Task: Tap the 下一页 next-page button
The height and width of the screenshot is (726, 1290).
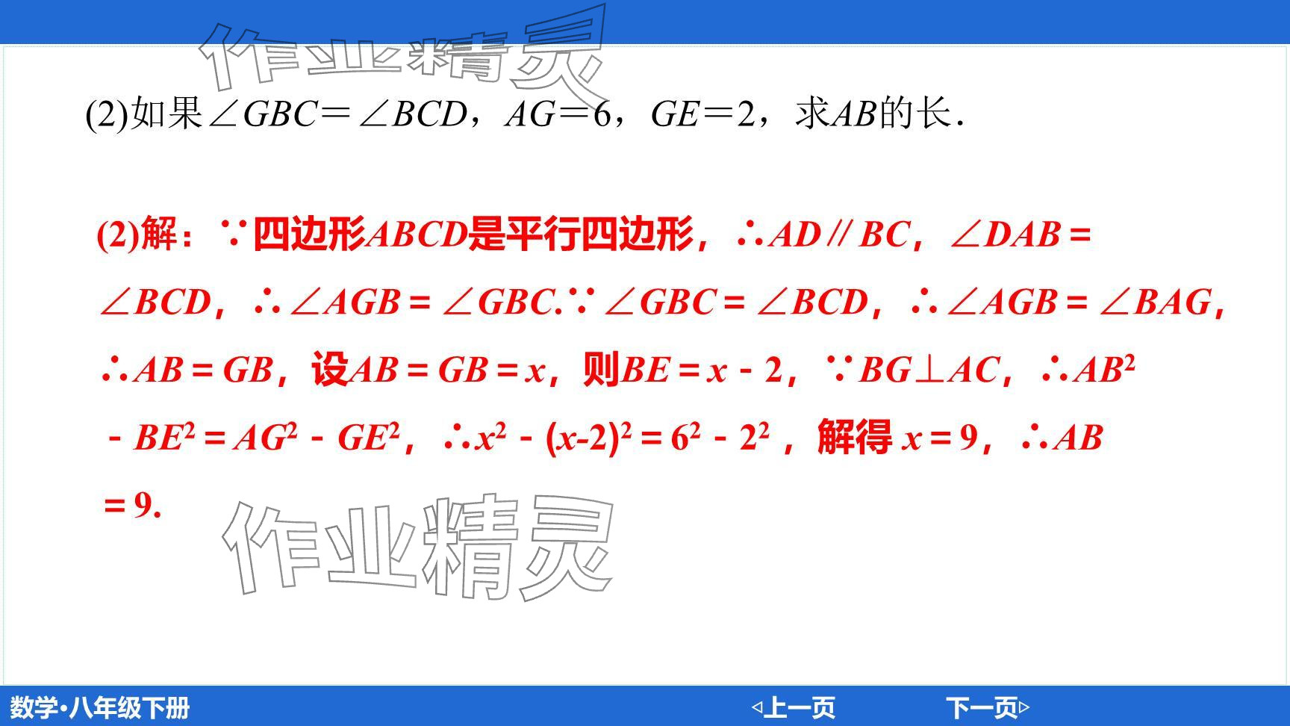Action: [x=988, y=707]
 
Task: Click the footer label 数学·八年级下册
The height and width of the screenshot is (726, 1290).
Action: [x=100, y=707]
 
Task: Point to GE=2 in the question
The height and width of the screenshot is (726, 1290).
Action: [x=702, y=114]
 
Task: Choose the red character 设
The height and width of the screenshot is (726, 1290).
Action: [x=329, y=369]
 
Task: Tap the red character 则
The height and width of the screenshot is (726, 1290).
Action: [x=601, y=369]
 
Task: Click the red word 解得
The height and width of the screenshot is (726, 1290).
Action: [x=854, y=436]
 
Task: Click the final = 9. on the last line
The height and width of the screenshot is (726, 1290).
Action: [x=132, y=506]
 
